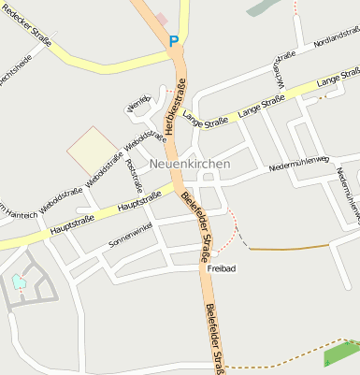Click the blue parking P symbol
pyautogui.click(x=173, y=40)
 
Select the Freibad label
pyautogui.click(x=221, y=267)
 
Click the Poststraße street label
pyautogui.click(x=134, y=179)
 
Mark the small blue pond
pyautogui.click(x=19, y=281)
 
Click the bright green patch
pyautogui.click(x=340, y=353)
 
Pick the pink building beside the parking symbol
pyautogui.click(x=162, y=19)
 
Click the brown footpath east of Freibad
pyautogui.click(x=290, y=247)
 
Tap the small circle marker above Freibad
pyautogui.click(x=215, y=253)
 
